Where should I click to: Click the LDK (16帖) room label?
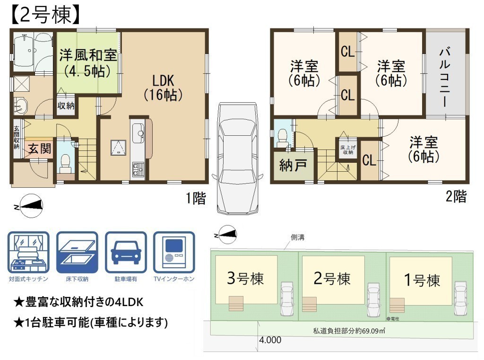[x=163, y=88]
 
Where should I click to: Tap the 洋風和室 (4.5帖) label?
[x=88, y=63]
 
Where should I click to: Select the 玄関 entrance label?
[x=40, y=149]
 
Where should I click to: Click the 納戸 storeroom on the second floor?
[x=293, y=165]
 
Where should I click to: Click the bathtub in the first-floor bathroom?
[x=24, y=50]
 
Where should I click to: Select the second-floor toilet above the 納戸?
[x=282, y=138]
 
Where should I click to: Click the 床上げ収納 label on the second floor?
[x=348, y=150]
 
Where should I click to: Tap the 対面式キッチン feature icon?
[x=28, y=252]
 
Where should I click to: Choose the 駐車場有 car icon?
[x=126, y=252]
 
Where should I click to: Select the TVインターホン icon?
[x=174, y=252]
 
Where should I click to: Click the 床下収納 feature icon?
[x=77, y=252]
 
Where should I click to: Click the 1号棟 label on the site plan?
[x=422, y=280]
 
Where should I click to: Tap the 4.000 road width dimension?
[x=270, y=340]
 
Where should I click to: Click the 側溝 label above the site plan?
[x=298, y=237]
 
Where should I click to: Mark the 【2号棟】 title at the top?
[x=45, y=15]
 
